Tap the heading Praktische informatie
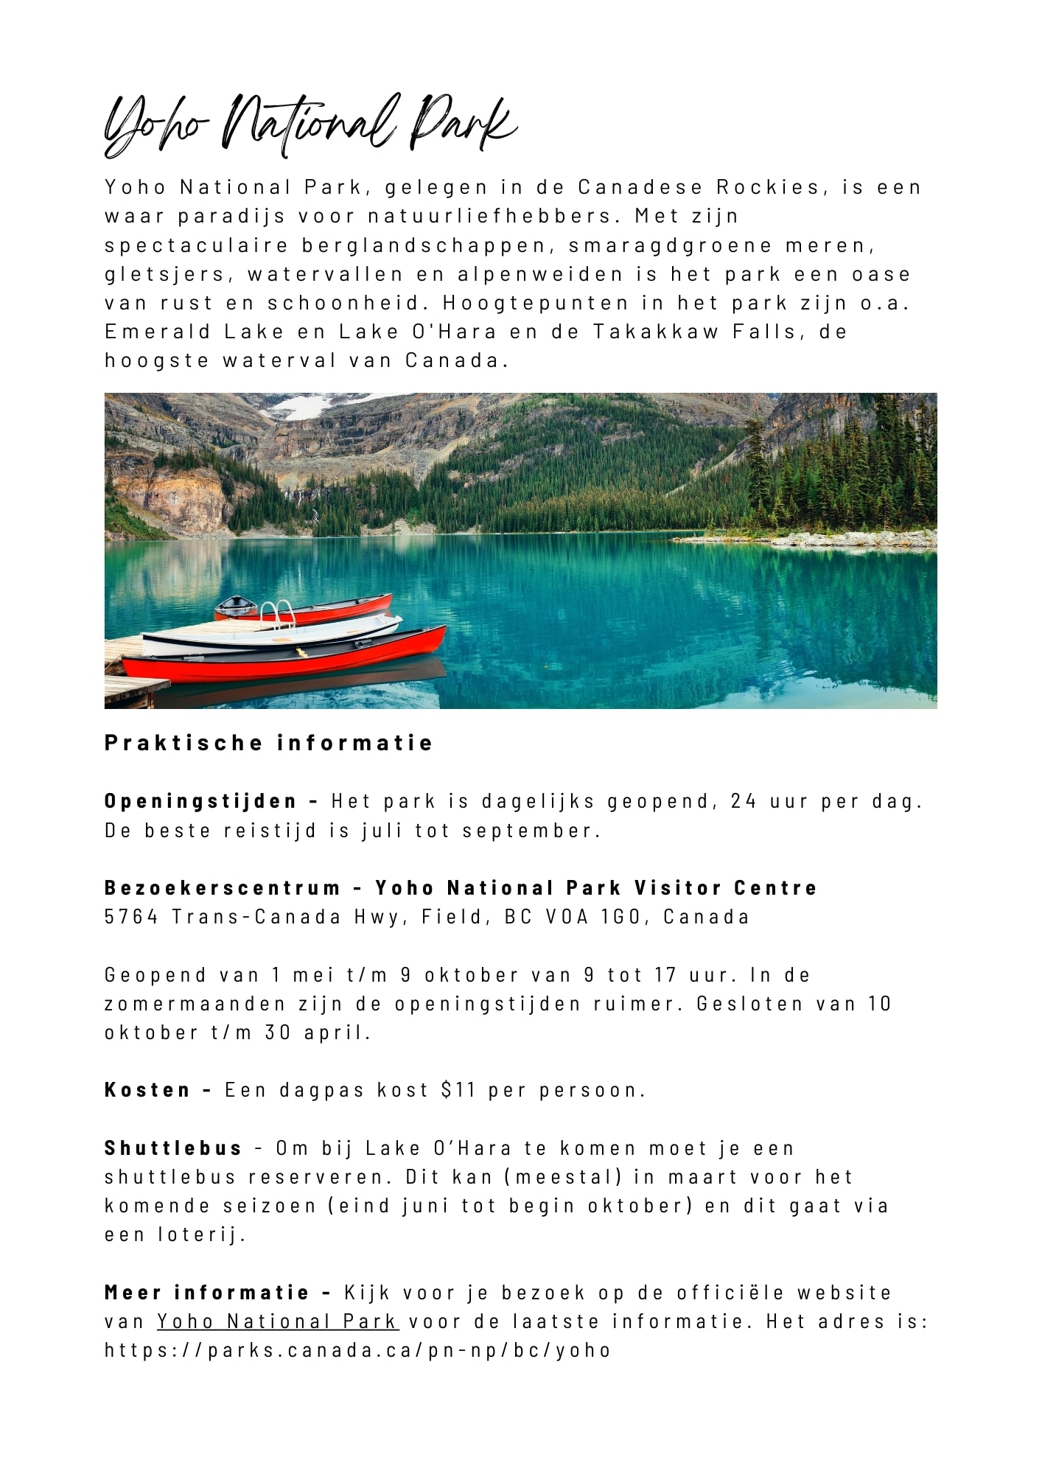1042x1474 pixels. click(268, 742)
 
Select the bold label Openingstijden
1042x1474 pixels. click(200, 801)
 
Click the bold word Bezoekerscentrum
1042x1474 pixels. click(223, 887)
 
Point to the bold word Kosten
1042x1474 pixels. click(148, 1090)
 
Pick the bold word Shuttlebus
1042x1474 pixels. click(173, 1148)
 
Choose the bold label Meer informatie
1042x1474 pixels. click(207, 1292)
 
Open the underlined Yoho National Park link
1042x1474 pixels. click(278, 1321)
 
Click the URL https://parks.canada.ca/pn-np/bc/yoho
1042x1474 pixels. click(358, 1350)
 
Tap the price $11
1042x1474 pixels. click(458, 1090)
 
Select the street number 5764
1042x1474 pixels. click(132, 917)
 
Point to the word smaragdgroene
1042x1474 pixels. click(670, 245)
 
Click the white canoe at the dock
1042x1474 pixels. click(273, 634)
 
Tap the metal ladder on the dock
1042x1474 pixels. click(277, 613)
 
